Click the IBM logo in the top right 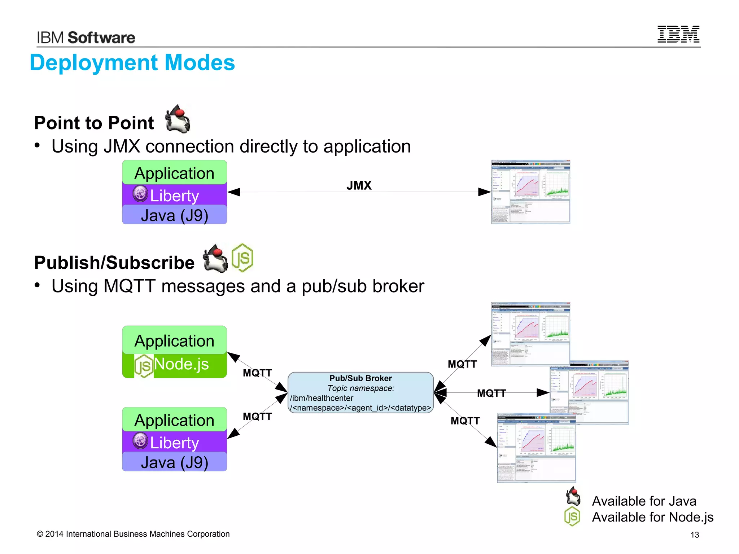click(x=678, y=34)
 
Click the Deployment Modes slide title click(x=132, y=63)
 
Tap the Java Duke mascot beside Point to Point click(x=178, y=119)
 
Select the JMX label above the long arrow click(x=359, y=185)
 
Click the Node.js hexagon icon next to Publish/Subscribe click(x=242, y=258)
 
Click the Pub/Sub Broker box click(x=360, y=392)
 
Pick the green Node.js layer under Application click(x=175, y=365)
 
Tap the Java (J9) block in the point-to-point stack click(x=175, y=215)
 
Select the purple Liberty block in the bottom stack click(x=175, y=442)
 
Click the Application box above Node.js click(x=175, y=340)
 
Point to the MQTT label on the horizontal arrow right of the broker click(x=491, y=393)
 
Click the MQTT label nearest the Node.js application click(x=257, y=373)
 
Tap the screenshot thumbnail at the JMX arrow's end click(x=530, y=192)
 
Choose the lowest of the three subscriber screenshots click(x=536, y=448)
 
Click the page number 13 click(x=695, y=535)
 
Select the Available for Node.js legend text click(x=652, y=517)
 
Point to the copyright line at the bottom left click(x=133, y=534)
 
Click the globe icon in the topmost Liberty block click(x=140, y=194)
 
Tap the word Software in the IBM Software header click(x=101, y=38)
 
